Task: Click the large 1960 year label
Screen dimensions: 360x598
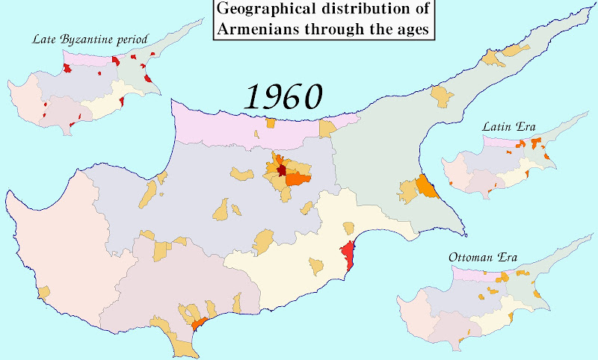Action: [x=284, y=96]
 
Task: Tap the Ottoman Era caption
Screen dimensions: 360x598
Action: [x=482, y=258]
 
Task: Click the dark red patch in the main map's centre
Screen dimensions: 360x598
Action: [x=281, y=170]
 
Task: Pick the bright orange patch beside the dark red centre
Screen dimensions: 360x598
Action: [x=297, y=179]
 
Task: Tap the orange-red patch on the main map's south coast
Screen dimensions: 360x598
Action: [x=199, y=324]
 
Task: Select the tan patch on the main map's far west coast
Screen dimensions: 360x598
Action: [x=44, y=292]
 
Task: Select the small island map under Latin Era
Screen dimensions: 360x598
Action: [x=508, y=164]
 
